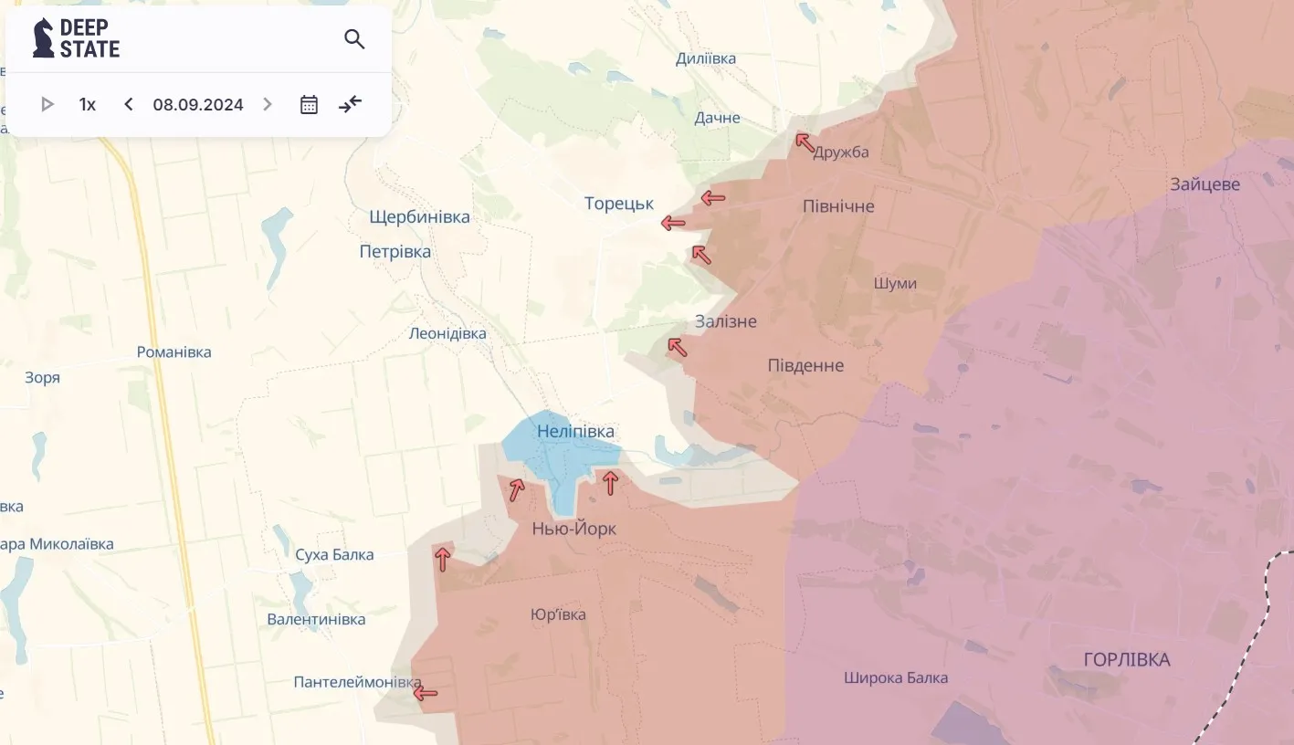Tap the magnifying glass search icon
354,39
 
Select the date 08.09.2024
198,105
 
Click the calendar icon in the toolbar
309,104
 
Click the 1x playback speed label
88,105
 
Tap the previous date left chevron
129,104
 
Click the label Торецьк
619,204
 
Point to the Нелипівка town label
575,431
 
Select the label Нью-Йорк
574,529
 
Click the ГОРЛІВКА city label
1127,659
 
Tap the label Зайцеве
1205,184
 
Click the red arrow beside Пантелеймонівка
425,694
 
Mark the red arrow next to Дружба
805,142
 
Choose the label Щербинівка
419,217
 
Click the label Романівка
174,352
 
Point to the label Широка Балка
896,677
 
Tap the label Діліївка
706,59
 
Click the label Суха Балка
334,555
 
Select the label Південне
806,366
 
